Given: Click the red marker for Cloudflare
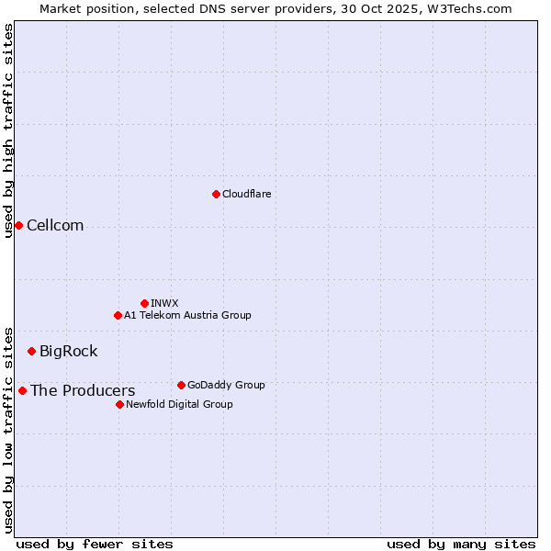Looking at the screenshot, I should (x=216, y=194).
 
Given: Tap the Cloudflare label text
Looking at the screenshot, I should (x=246, y=194).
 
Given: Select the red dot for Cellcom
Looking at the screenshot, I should (x=18, y=225).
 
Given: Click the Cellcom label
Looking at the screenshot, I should (x=55, y=226).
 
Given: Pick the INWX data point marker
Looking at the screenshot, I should (x=144, y=303).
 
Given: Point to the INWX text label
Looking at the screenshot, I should (x=164, y=303).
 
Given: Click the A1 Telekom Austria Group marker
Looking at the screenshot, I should (x=118, y=315).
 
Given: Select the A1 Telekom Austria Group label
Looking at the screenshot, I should (x=187, y=315).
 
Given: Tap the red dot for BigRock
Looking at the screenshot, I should (x=31, y=351).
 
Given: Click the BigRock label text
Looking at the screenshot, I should (x=68, y=352).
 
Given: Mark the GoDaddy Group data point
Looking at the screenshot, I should (x=181, y=385).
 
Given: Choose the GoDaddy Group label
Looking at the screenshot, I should (x=226, y=385).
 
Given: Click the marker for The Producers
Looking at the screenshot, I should (x=22, y=390).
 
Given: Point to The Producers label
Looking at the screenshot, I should (x=83, y=391).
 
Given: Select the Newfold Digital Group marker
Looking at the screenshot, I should (x=119, y=404).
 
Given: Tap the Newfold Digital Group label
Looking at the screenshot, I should (x=179, y=404).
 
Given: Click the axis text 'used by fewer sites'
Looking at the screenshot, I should (x=95, y=544).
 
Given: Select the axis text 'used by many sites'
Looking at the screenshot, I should (x=461, y=544).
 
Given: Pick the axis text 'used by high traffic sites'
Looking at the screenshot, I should (x=8, y=130).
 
